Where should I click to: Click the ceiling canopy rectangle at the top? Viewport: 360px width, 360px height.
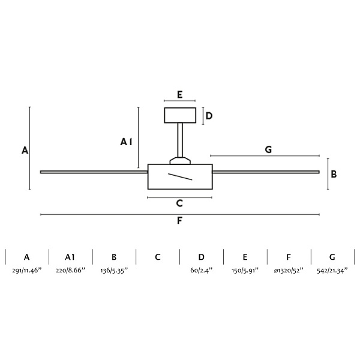click(180, 115)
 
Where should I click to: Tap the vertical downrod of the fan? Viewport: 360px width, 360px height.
click(180, 140)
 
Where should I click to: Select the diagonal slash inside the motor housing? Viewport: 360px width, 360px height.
click(180, 177)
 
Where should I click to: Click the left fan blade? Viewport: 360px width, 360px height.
click(94, 172)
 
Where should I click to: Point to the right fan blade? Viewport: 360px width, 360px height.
click(266, 172)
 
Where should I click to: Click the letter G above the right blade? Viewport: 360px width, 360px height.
click(268, 149)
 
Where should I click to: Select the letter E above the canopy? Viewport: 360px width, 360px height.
click(180, 95)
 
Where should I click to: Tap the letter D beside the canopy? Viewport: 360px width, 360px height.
click(209, 116)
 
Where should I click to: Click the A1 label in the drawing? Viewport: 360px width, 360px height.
click(126, 142)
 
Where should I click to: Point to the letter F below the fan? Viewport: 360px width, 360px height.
click(179, 221)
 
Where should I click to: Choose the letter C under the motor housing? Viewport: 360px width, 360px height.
click(179, 203)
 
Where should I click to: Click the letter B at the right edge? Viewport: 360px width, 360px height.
click(334, 174)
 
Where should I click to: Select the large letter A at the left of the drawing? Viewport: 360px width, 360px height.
click(25, 151)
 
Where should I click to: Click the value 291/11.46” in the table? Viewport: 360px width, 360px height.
click(26, 271)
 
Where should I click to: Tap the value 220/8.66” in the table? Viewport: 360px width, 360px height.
click(70, 271)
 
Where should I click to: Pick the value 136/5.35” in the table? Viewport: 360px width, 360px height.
click(114, 271)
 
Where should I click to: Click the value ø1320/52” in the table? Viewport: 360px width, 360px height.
click(289, 271)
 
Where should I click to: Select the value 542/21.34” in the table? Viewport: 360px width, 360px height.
click(332, 271)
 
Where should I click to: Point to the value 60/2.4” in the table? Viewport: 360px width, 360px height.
click(202, 271)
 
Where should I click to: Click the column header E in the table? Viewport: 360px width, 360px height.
click(245, 257)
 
